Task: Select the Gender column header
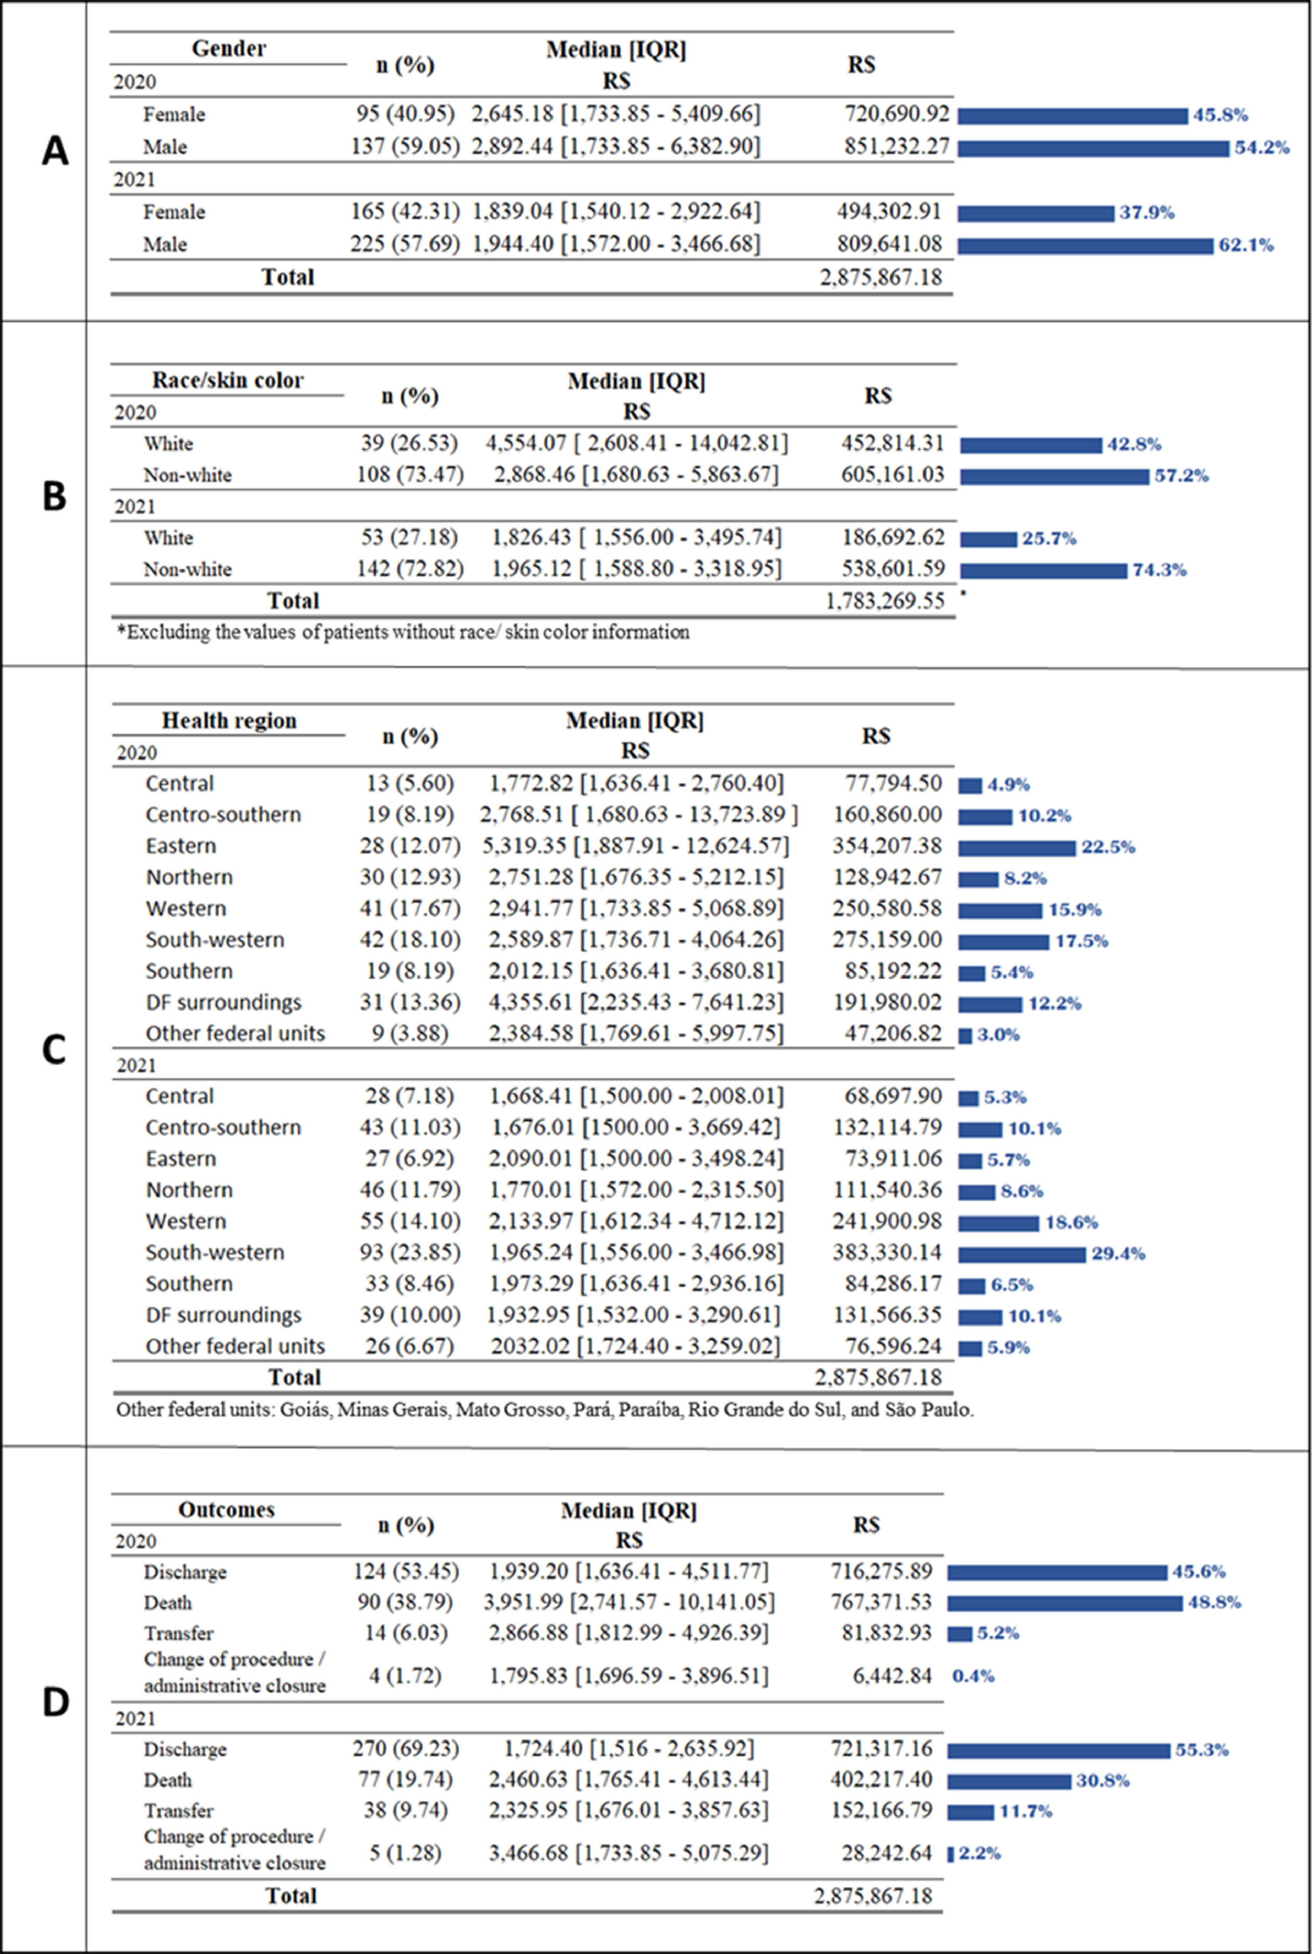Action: coord(228,49)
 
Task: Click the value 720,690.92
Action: coord(897,114)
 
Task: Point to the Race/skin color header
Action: coord(227,380)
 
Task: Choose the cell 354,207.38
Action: coord(887,846)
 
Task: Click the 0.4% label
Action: coord(973,1675)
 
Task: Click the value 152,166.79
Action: coord(881,1810)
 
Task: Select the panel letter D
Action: coord(55,1701)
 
